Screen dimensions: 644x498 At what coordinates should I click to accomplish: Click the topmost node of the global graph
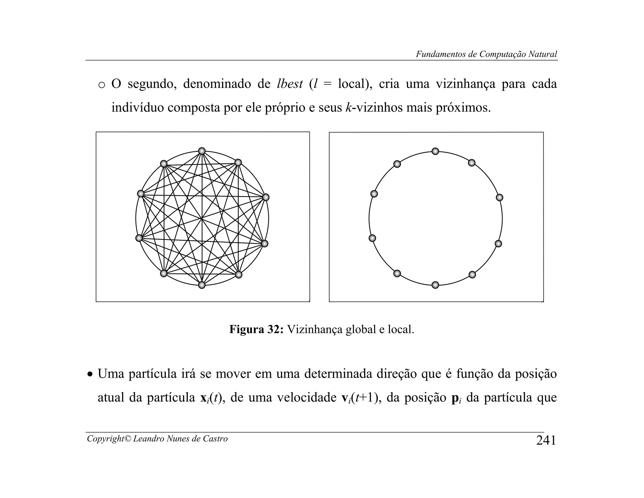(x=202, y=151)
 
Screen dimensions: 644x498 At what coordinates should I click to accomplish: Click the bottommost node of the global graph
(x=202, y=285)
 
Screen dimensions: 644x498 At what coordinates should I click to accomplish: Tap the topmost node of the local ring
(x=435, y=151)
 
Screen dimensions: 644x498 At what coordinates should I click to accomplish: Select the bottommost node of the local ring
(x=435, y=285)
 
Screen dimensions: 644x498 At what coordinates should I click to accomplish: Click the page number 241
(x=546, y=440)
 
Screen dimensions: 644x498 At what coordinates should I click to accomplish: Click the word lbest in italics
(x=290, y=84)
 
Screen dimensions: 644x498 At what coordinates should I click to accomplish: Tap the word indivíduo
(x=138, y=108)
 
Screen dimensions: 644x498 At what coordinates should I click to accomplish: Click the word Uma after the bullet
(x=111, y=374)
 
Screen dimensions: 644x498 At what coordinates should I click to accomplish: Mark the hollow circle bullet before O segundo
(x=101, y=85)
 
